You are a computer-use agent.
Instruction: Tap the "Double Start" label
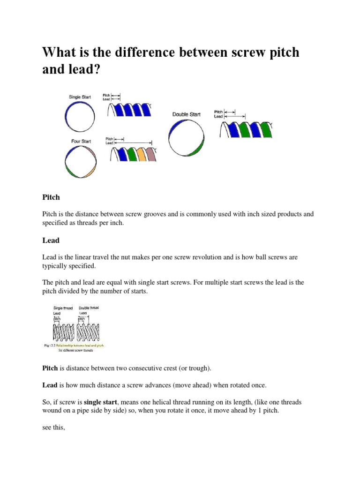(186, 114)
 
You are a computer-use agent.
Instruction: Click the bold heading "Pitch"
(51, 197)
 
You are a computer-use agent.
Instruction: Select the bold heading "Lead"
(51, 240)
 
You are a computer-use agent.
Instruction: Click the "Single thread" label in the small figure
(63, 308)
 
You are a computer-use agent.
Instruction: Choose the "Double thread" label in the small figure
(89, 308)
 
